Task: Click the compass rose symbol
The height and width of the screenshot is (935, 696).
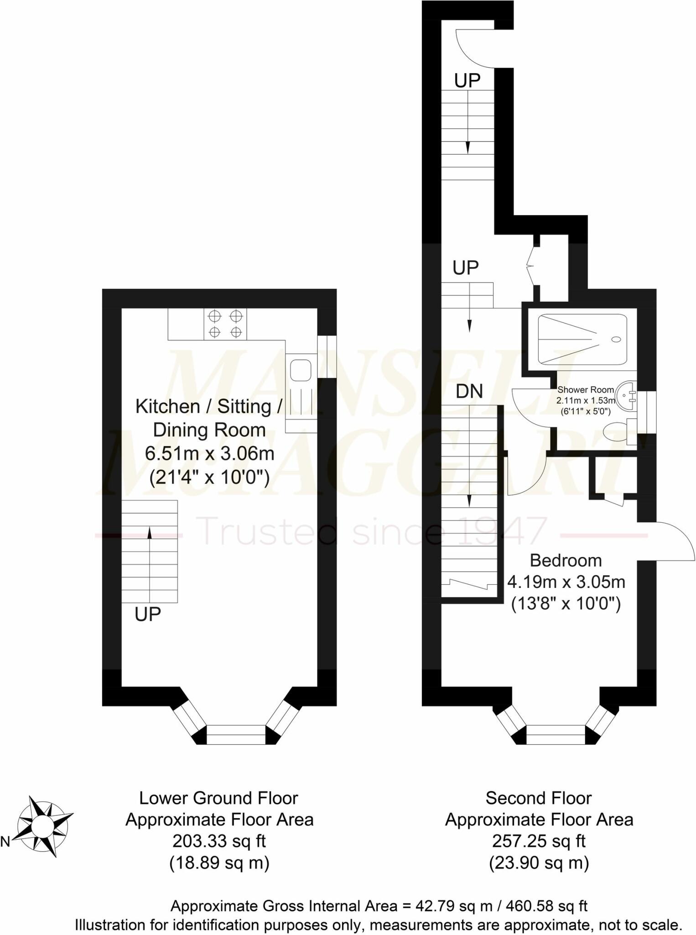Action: click(x=44, y=826)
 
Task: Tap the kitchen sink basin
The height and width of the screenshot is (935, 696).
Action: click(x=301, y=370)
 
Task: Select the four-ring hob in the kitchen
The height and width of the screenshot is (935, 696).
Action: click(x=225, y=324)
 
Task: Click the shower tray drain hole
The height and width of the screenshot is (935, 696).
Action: click(x=616, y=339)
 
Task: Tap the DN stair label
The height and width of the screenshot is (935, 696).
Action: click(x=469, y=391)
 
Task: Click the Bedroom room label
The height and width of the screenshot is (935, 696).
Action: click(x=566, y=560)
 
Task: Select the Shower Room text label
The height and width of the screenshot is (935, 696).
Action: click(x=586, y=390)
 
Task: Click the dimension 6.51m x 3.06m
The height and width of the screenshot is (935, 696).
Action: click(x=209, y=454)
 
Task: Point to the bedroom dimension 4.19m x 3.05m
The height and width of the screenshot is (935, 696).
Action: click(x=566, y=582)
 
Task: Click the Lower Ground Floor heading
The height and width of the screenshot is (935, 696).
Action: click(x=218, y=798)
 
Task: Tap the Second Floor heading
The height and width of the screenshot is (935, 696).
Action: click(x=538, y=798)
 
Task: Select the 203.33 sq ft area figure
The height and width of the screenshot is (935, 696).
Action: click(x=219, y=840)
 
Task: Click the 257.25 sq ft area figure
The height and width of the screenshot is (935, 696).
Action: click(x=539, y=840)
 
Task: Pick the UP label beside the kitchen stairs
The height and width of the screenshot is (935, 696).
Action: click(x=148, y=615)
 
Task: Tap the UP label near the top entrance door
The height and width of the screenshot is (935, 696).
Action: click(x=467, y=81)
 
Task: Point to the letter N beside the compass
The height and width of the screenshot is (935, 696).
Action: click(x=5, y=842)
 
